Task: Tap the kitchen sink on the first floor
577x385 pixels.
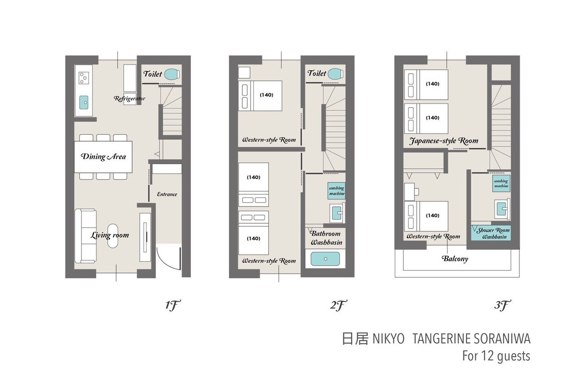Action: coord(84,103)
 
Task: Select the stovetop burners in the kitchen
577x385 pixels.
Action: coord(83,78)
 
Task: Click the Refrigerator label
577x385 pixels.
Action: coord(129,98)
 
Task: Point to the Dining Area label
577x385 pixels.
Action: coord(103,156)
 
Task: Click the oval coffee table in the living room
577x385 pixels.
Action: coord(113,236)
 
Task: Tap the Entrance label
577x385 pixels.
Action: coord(167,194)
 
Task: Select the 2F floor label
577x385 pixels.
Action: coord(339,306)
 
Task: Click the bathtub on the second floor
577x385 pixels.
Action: coord(325,258)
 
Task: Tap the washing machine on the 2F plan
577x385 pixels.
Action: coord(337,191)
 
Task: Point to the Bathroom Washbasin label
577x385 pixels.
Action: coord(326,238)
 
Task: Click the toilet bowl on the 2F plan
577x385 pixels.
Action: coord(336,74)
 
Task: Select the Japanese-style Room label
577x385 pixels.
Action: coord(443,141)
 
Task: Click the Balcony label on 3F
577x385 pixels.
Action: coord(455,258)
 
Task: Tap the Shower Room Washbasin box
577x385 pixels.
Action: coord(491,233)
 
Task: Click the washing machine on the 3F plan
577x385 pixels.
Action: coord(501,183)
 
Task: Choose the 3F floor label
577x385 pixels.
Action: coord(502,306)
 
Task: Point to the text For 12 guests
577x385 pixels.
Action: coord(496,356)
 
